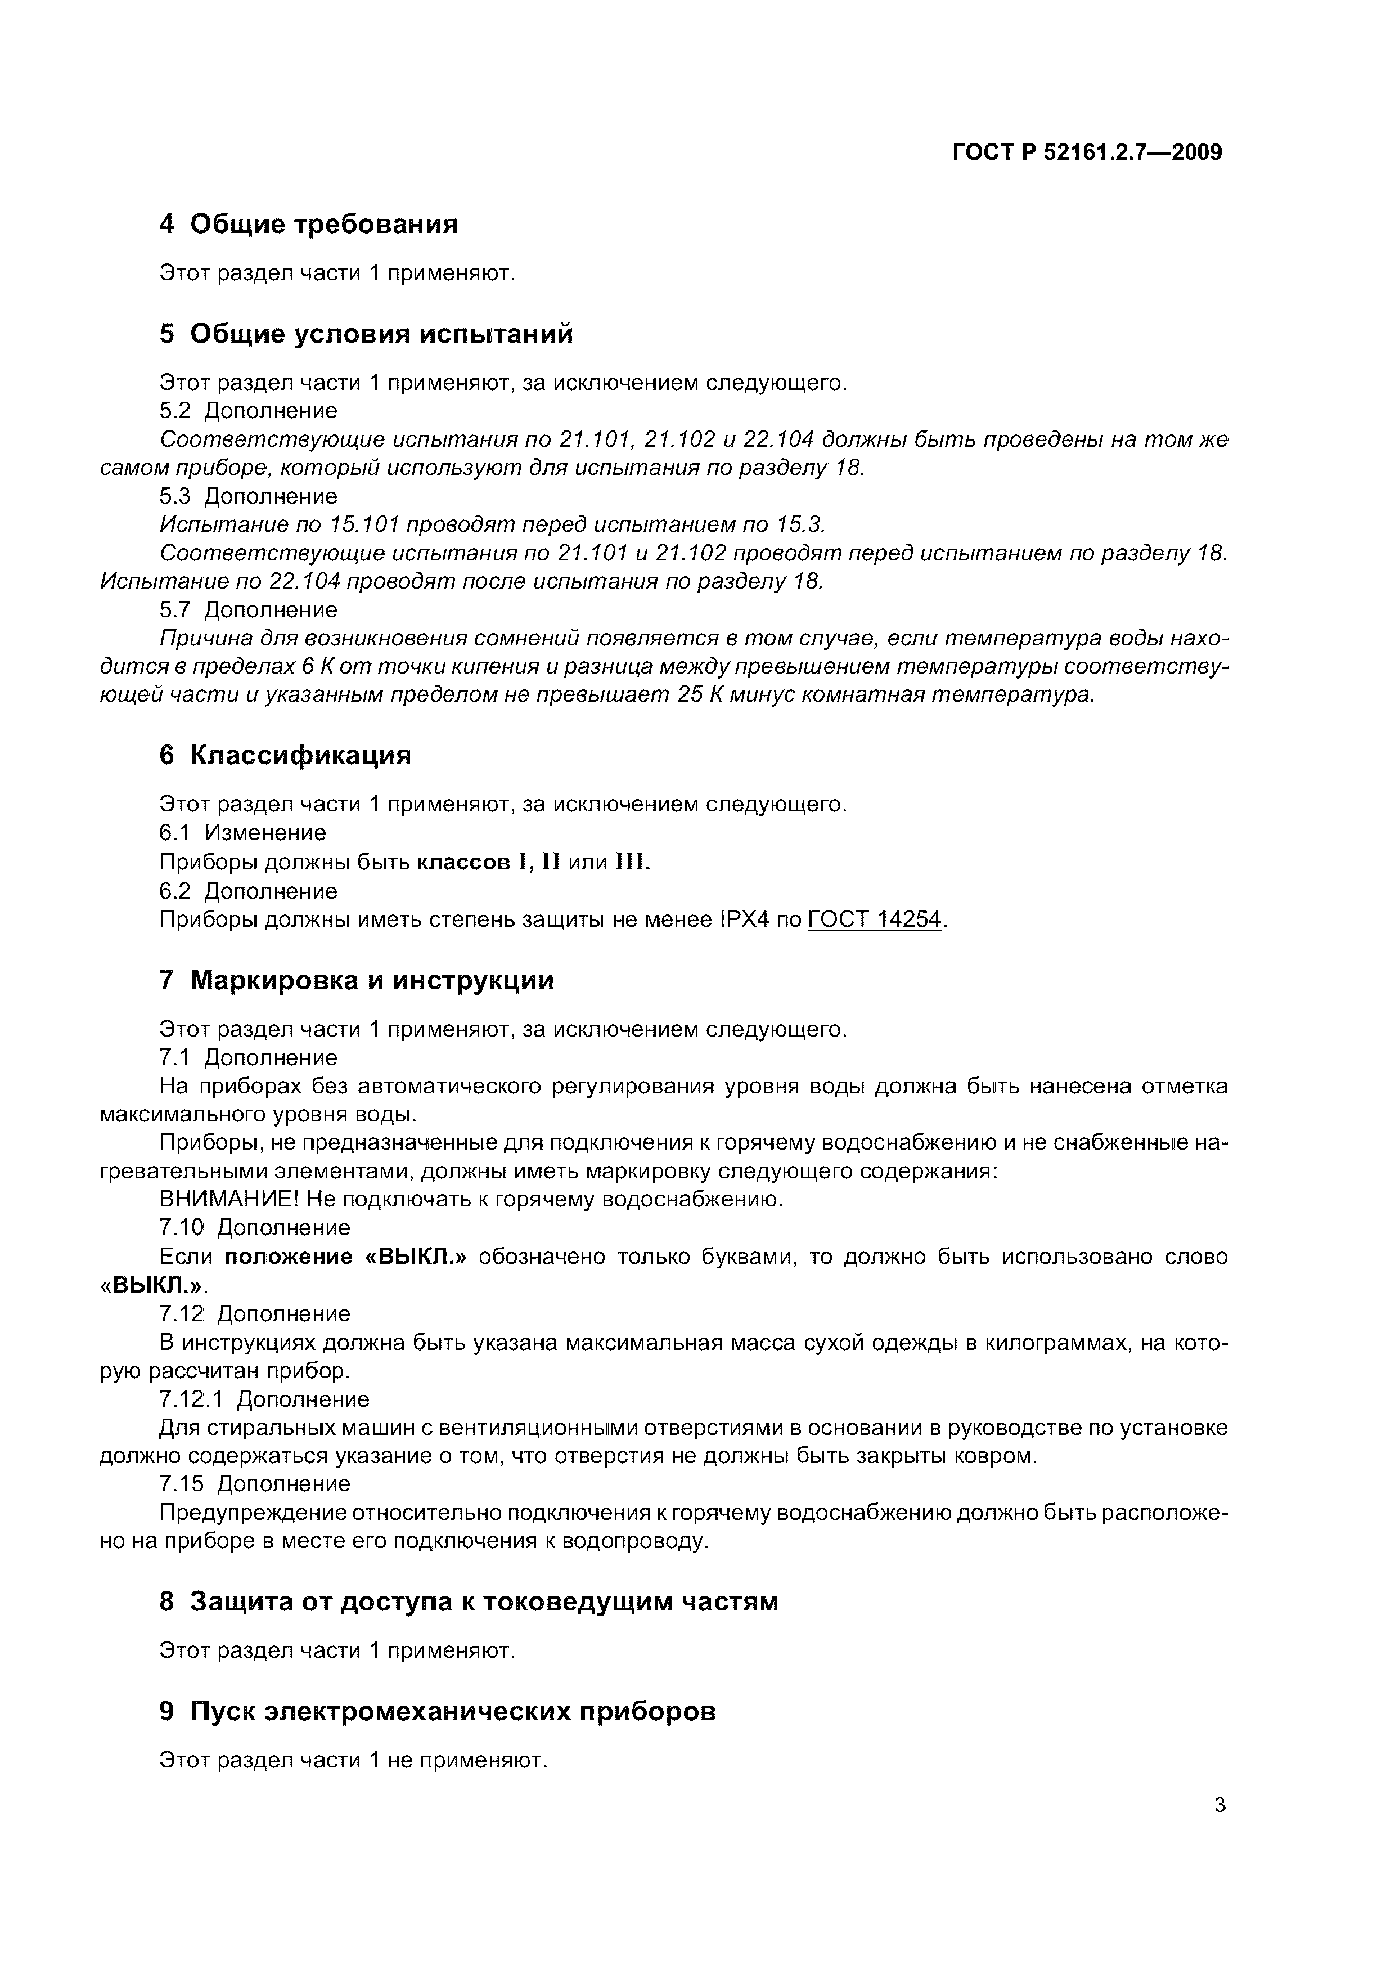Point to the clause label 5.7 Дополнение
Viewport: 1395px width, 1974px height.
pyautogui.click(x=249, y=611)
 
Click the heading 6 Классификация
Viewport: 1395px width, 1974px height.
pyautogui.click(x=285, y=756)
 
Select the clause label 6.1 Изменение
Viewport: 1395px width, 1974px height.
pyautogui.click(x=243, y=833)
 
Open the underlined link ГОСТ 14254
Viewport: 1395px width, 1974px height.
pyautogui.click(x=874, y=921)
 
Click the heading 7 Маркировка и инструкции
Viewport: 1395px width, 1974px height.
pyautogui.click(x=357, y=981)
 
